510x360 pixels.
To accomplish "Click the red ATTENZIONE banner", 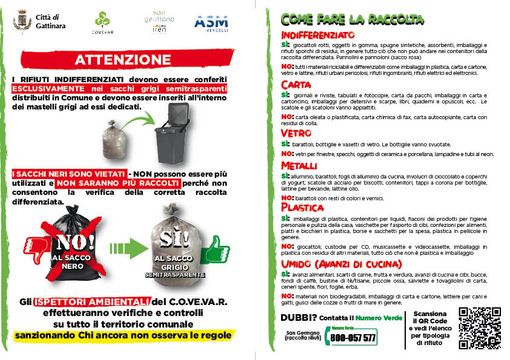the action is click(127, 59).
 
